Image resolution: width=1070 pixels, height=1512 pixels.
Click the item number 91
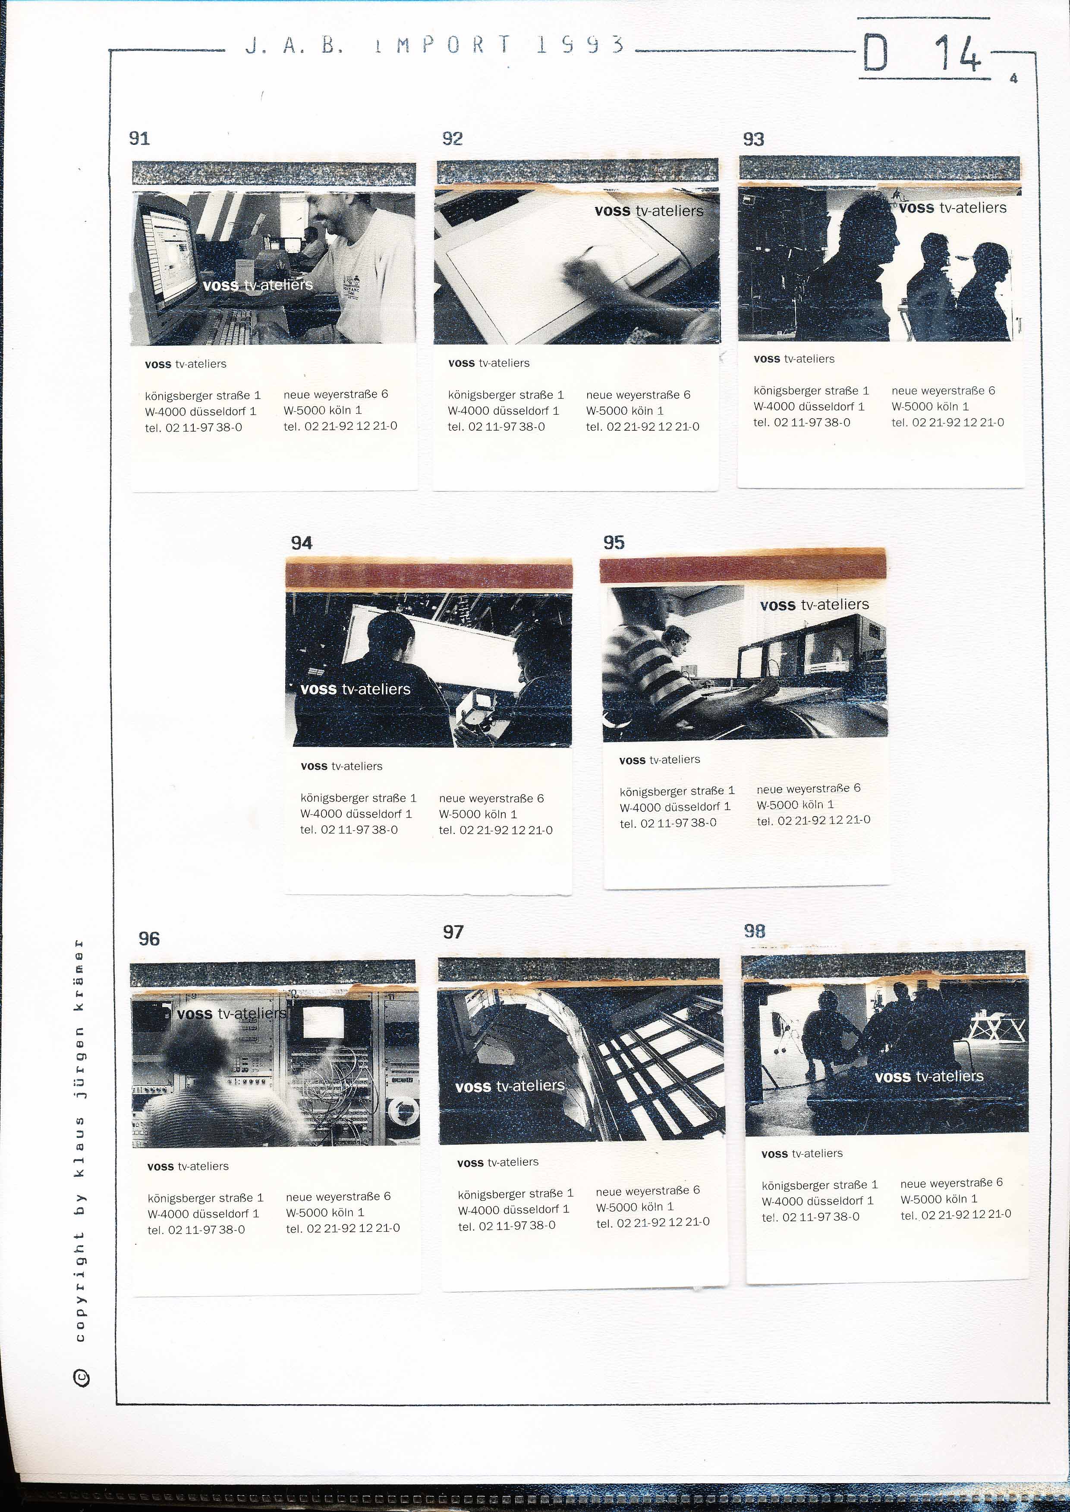click(x=139, y=138)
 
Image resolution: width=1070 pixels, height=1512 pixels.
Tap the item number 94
click(x=302, y=543)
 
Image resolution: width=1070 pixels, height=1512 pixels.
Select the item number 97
click(x=453, y=932)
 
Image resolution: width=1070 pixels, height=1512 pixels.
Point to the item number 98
click(x=755, y=930)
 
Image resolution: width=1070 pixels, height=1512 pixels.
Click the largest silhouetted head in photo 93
click(x=870, y=231)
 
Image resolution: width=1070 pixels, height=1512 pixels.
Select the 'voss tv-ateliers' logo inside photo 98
click(x=929, y=1077)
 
